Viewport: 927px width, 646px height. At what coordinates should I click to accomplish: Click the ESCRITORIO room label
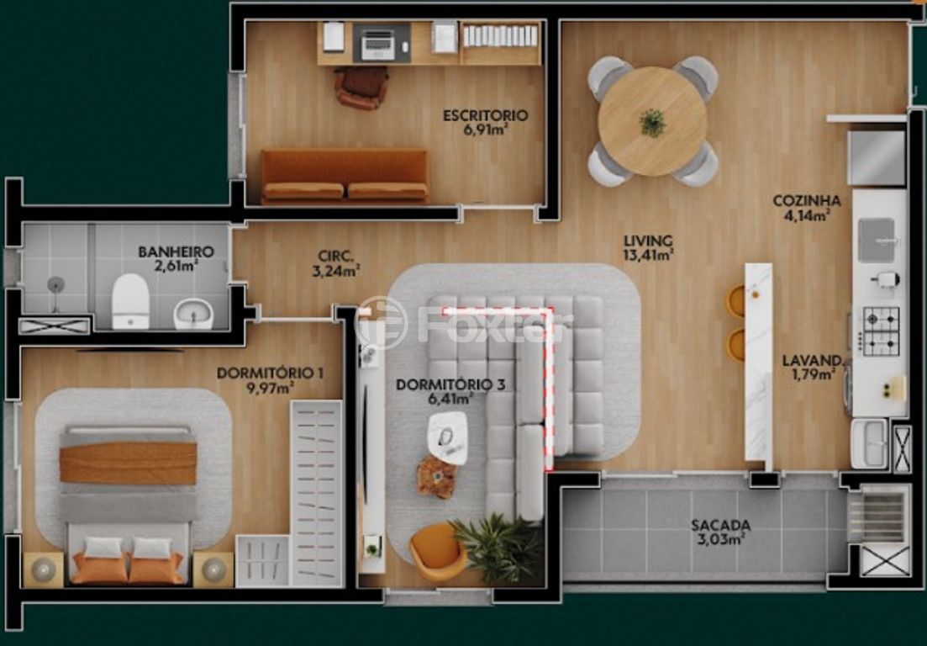pos(485,115)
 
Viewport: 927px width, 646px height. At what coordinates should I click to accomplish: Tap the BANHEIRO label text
pos(176,252)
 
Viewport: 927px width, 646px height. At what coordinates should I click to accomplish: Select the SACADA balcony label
pos(720,526)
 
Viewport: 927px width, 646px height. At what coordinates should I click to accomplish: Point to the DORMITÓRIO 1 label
pos(258,373)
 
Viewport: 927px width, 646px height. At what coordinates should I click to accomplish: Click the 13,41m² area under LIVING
pos(648,255)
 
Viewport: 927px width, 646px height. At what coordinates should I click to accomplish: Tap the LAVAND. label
pos(812,360)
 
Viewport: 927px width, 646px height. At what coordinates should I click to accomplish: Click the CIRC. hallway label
pos(334,256)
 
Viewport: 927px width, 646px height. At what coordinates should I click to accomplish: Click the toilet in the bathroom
pos(130,300)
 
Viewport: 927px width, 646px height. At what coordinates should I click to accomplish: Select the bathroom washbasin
pos(193,315)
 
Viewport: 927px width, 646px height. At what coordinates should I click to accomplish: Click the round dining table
pos(652,121)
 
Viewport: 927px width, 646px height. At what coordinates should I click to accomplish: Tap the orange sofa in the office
pos(345,176)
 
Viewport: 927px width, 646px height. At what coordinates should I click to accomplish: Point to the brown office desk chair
pos(361,86)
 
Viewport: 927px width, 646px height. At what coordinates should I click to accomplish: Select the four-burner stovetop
pos(881,331)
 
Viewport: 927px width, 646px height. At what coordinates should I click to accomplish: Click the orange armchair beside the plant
pos(437,551)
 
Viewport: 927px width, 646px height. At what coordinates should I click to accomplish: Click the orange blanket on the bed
pos(128,463)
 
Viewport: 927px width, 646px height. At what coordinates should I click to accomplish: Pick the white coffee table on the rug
pos(447,436)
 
